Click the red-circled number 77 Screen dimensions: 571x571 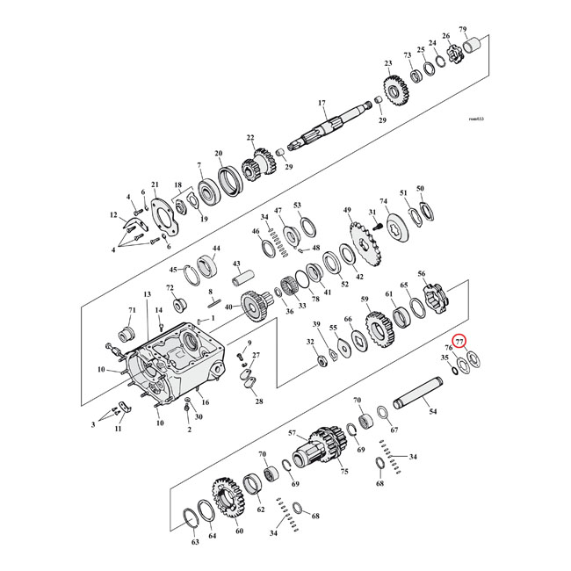pyautogui.click(x=459, y=343)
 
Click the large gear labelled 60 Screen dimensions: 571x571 pyautogui.click(x=228, y=500)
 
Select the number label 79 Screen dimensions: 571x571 pyautogui.click(x=488, y=30)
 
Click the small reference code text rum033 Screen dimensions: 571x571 pyautogui.click(x=477, y=119)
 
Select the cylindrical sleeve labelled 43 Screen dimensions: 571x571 pyautogui.click(x=242, y=280)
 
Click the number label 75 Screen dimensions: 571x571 pyautogui.click(x=343, y=471)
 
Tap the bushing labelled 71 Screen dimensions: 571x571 pyautogui.click(x=125, y=335)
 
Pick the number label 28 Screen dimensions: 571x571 pyautogui.click(x=258, y=401)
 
